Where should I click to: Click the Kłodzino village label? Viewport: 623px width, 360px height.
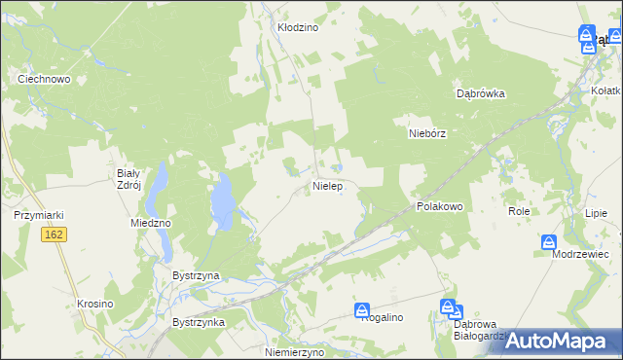click(x=298, y=28)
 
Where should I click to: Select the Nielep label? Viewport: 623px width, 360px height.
click(x=327, y=185)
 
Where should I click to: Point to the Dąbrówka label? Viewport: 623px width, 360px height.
click(x=481, y=94)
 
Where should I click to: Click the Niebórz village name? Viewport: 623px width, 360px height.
click(x=426, y=135)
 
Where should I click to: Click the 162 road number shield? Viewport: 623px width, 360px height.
click(x=54, y=235)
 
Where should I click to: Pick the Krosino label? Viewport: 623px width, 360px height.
click(x=95, y=304)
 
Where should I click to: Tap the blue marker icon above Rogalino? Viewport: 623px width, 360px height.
click(x=363, y=307)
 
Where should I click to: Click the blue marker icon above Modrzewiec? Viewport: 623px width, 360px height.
click(x=549, y=241)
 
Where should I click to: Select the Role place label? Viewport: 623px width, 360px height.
click(x=518, y=210)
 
